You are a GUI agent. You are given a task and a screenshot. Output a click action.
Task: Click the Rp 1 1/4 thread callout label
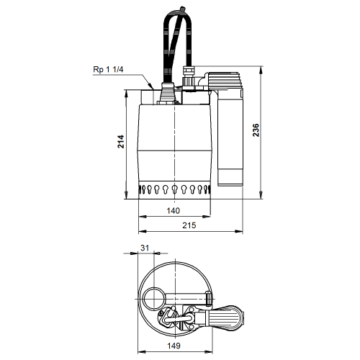pos(108,70)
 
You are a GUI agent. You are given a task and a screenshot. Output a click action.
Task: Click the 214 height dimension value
pos(121,141)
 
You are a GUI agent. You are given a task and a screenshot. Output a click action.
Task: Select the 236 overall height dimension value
pos(256,130)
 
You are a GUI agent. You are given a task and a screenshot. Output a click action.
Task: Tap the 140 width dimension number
pos(173,211)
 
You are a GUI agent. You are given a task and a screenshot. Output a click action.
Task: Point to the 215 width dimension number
pos(189,225)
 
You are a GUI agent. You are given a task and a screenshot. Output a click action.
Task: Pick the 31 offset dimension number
pos(145,248)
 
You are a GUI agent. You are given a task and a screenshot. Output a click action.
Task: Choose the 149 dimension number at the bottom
pos(174,346)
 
